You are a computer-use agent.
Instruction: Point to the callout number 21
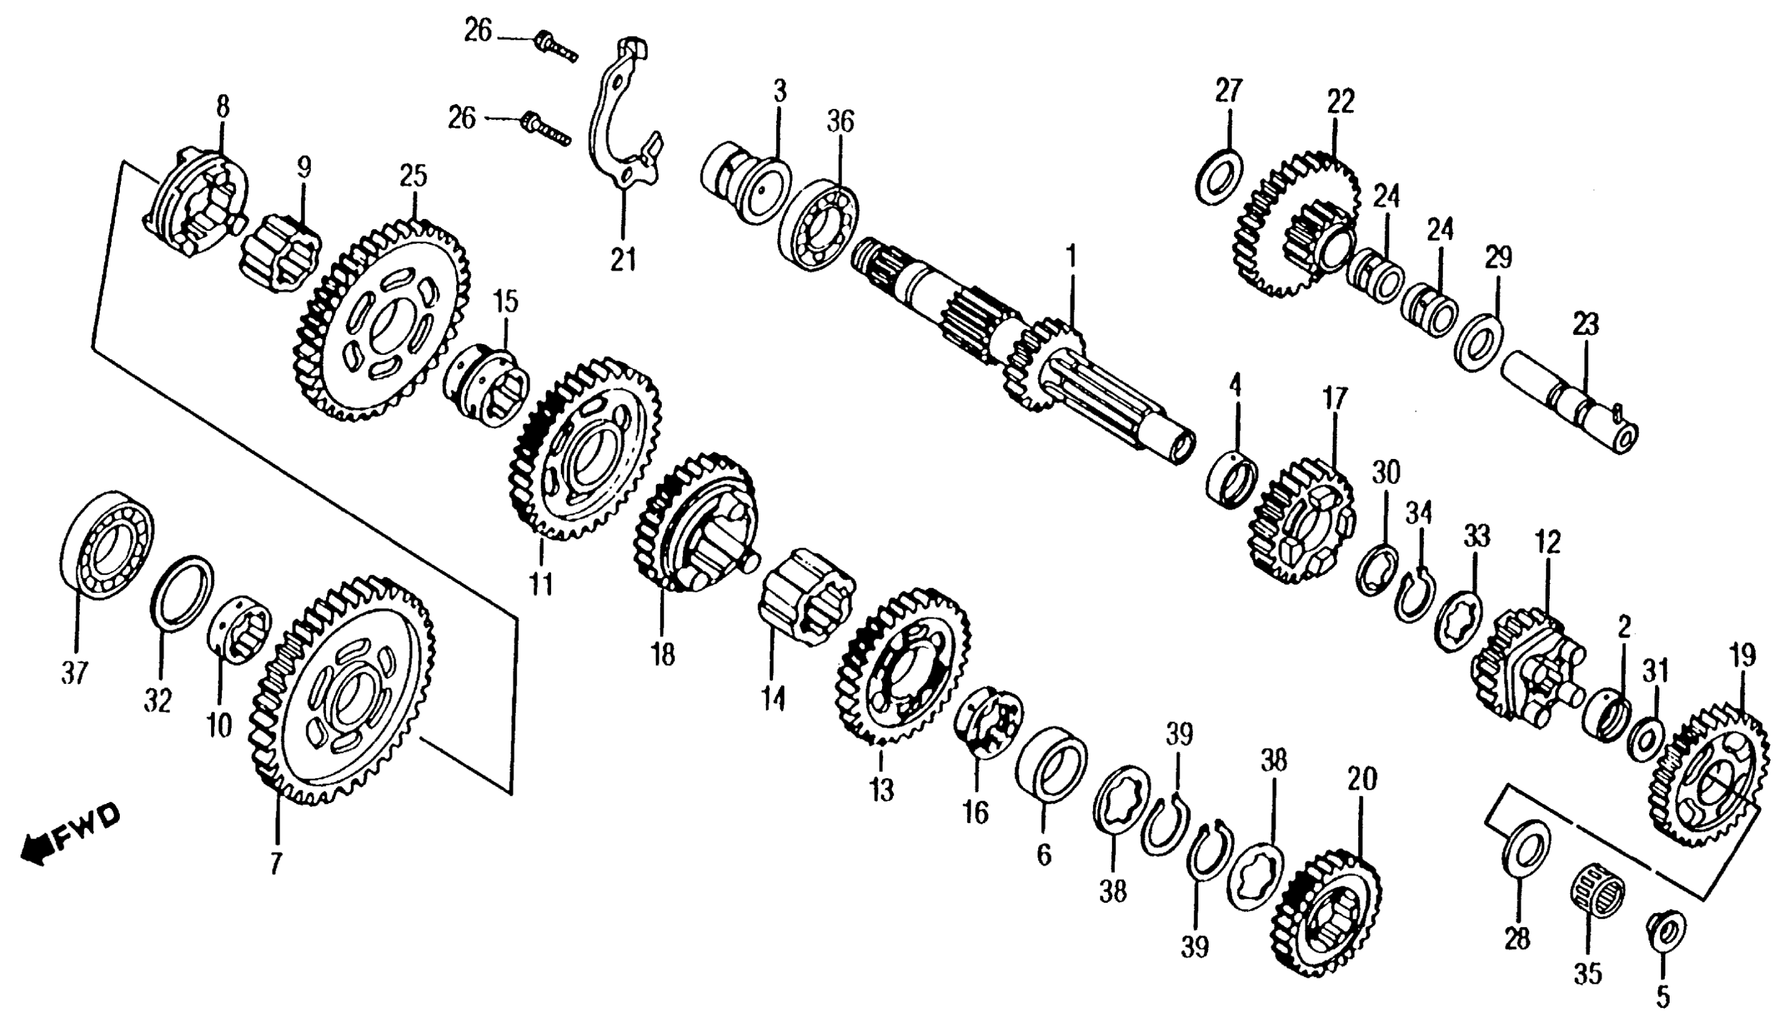click(x=623, y=260)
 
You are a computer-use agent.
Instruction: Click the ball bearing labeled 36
click(x=819, y=219)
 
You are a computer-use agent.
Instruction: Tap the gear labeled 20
click(x=1327, y=914)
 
